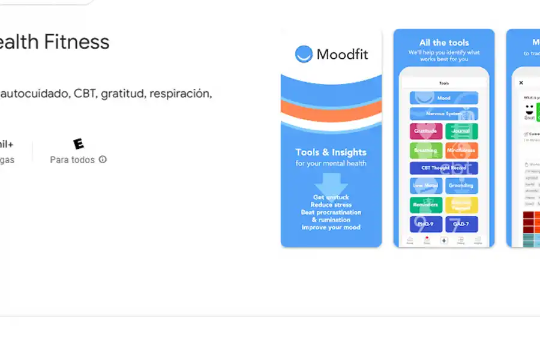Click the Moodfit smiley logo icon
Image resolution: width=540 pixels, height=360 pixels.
point(304,54)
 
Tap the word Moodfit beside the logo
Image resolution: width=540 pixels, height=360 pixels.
point(342,55)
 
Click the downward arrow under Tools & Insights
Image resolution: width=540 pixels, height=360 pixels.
point(331,182)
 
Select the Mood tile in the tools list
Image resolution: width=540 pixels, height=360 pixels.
point(444,98)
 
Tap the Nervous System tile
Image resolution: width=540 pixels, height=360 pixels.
point(444,113)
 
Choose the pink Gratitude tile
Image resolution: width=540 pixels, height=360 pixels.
point(426,131)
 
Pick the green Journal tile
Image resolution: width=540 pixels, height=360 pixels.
point(461,131)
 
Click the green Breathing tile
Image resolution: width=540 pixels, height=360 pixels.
point(426,150)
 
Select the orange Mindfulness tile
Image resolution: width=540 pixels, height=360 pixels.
point(461,150)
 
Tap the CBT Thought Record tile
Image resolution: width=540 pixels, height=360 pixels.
point(444,168)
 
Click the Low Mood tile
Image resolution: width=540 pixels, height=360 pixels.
point(426,186)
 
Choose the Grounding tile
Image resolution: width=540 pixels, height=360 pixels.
point(461,186)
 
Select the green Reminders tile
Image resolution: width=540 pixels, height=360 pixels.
point(426,205)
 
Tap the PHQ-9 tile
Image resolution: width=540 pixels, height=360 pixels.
point(426,224)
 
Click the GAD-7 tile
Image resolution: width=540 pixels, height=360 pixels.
point(461,224)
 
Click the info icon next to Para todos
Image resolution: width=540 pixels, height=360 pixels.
point(103,160)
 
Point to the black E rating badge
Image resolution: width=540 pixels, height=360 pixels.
point(78,144)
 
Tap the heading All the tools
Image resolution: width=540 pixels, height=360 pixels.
point(444,43)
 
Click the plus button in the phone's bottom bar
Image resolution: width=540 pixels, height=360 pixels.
point(444,240)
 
